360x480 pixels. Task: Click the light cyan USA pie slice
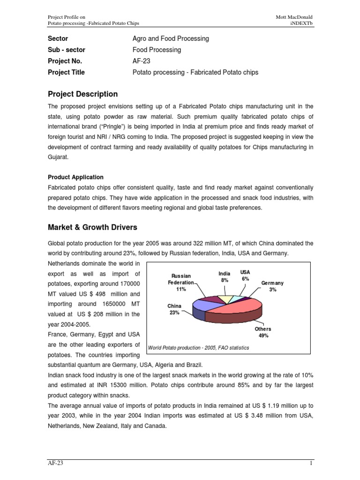coord(238,299)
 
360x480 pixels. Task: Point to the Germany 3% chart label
coord(272,286)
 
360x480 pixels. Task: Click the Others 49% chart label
coord(263,332)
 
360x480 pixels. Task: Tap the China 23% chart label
coord(174,309)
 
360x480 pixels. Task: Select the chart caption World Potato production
coord(198,347)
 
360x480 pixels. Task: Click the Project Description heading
coord(83,94)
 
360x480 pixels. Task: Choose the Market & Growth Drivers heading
coord(93,227)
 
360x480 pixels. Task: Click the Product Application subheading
coord(76,177)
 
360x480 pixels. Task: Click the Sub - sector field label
coord(67,50)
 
